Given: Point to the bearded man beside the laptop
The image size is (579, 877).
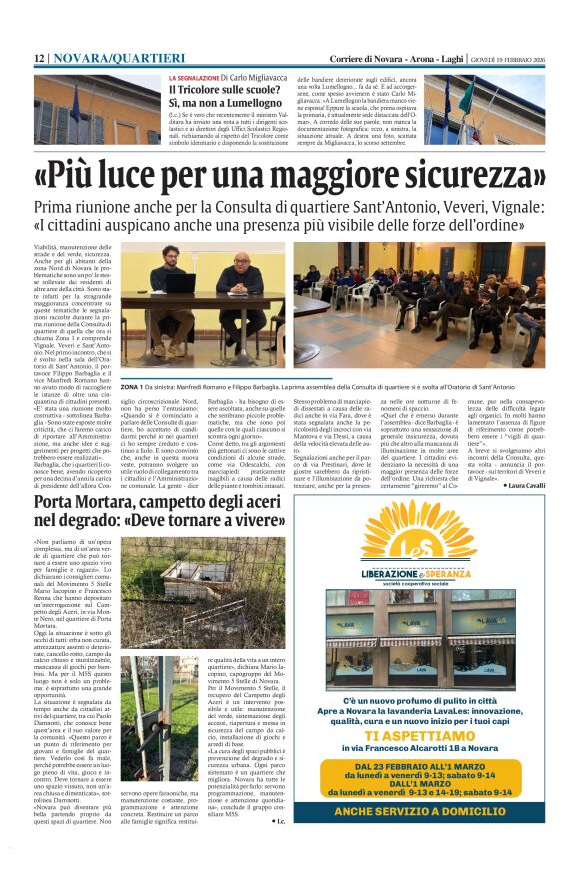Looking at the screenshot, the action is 159,278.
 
